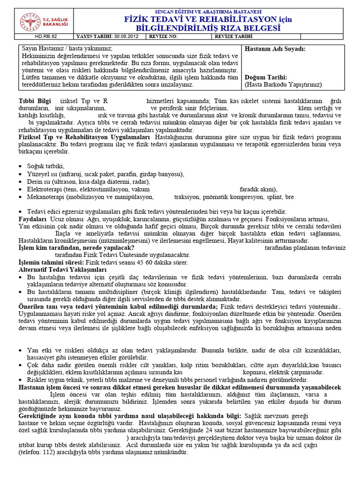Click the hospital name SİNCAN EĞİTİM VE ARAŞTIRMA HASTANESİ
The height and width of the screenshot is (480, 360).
point(208,11)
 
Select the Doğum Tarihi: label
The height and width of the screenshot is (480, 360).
point(266,77)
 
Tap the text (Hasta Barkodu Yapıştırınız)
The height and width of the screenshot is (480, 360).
point(283,85)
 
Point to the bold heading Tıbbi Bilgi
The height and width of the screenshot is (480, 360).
point(34,101)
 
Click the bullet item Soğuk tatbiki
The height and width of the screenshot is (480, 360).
point(45,166)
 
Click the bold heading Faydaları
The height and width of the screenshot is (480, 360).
point(32,219)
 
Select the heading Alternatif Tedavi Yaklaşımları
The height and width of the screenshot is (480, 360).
point(62,270)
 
